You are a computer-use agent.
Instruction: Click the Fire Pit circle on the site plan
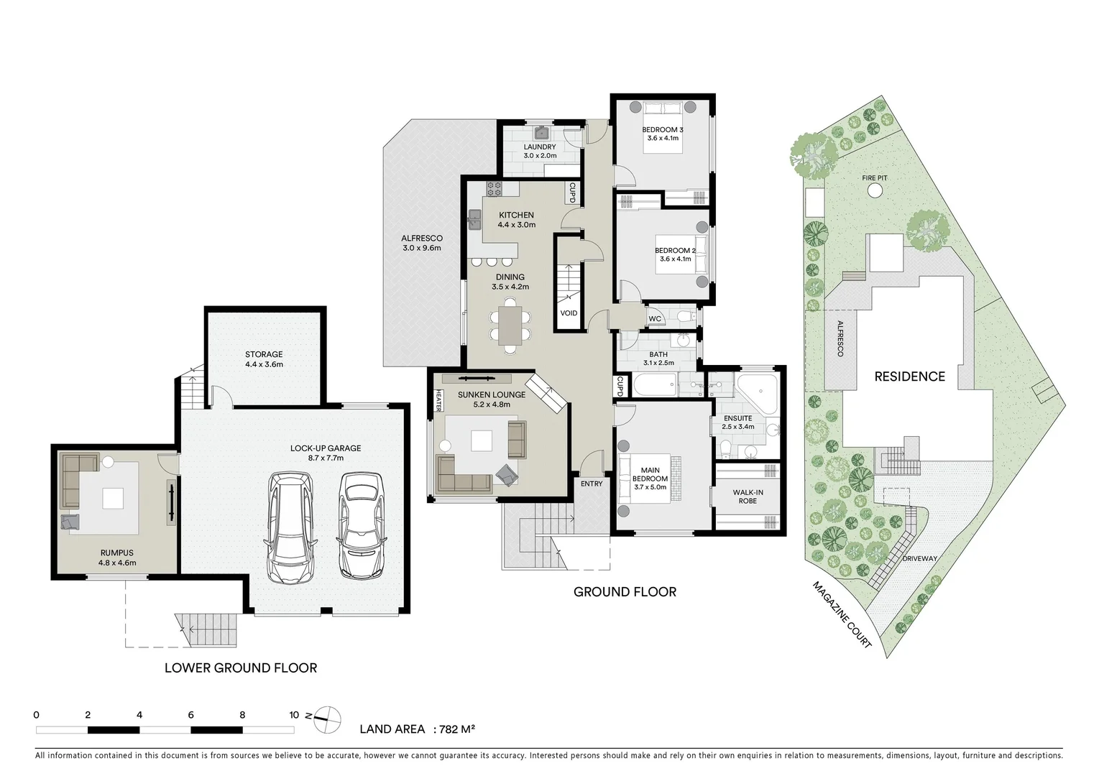point(875,190)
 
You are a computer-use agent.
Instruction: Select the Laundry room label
point(539,147)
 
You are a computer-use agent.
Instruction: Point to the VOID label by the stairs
point(569,313)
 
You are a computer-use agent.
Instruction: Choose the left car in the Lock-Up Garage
point(291,527)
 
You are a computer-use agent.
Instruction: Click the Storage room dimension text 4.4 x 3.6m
point(264,364)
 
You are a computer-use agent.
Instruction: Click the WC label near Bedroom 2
point(655,319)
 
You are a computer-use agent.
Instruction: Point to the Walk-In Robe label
point(748,496)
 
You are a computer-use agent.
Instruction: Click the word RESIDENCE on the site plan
point(909,377)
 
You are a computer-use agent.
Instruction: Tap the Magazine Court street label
point(842,615)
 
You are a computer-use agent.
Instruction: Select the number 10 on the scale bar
point(293,715)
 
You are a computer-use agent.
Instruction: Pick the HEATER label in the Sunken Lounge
point(438,401)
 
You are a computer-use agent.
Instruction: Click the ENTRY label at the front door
point(592,484)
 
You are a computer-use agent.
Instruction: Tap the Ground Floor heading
point(624,592)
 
